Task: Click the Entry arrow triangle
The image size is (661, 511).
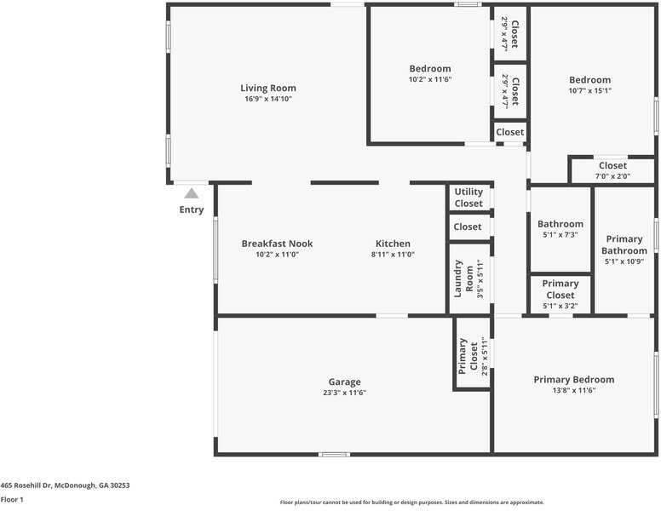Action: tap(192, 193)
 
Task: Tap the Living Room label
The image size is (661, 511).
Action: tap(268, 88)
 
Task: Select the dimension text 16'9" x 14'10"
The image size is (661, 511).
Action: tap(268, 99)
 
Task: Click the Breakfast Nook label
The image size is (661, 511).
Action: tap(277, 244)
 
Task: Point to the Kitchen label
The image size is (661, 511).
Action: tap(393, 244)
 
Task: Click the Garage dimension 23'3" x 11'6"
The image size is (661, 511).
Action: tap(344, 393)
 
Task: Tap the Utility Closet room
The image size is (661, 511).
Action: tap(468, 198)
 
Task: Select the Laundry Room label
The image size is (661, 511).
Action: tap(463, 278)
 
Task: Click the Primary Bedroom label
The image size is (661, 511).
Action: tap(574, 380)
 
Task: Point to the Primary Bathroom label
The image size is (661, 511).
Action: tap(624, 244)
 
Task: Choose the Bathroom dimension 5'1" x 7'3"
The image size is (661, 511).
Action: tap(560, 234)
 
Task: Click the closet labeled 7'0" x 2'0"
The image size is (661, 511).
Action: tap(612, 170)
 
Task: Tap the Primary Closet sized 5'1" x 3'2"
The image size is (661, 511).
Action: tap(560, 295)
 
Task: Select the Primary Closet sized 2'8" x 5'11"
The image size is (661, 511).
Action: tap(472, 353)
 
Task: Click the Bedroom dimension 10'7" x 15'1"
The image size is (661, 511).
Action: tap(589, 90)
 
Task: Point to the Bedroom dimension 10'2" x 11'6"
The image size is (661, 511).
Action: tap(430, 79)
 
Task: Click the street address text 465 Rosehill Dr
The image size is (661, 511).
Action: tap(26, 485)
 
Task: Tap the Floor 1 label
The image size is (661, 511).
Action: tap(12, 500)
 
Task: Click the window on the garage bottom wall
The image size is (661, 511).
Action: tap(334, 455)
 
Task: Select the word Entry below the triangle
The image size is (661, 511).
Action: tap(192, 210)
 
